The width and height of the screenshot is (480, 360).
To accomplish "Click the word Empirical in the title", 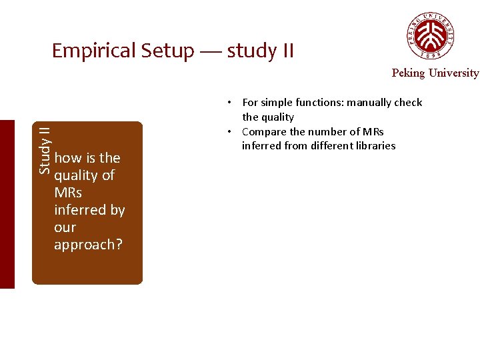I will (x=93, y=51).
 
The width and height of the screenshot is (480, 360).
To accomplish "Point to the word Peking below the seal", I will (x=407, y=73).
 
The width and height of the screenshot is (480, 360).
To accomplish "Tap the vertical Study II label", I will (x=44, y=150).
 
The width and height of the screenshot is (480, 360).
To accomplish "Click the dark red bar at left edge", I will (x=7, y=204).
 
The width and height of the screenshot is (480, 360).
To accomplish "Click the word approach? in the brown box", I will (x=88, y=245).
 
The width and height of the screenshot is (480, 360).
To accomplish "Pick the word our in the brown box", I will (x=65, y=227).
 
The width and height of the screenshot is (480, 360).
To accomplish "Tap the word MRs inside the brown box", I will (x=69, y=193).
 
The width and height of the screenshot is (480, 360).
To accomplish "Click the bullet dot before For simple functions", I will (x=228, y=103).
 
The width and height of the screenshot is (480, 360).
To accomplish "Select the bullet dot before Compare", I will (x=228, y=131).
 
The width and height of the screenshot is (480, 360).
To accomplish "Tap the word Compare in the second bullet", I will (x=263, y=131).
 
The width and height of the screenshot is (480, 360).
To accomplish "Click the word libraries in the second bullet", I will (x=375, y=146).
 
